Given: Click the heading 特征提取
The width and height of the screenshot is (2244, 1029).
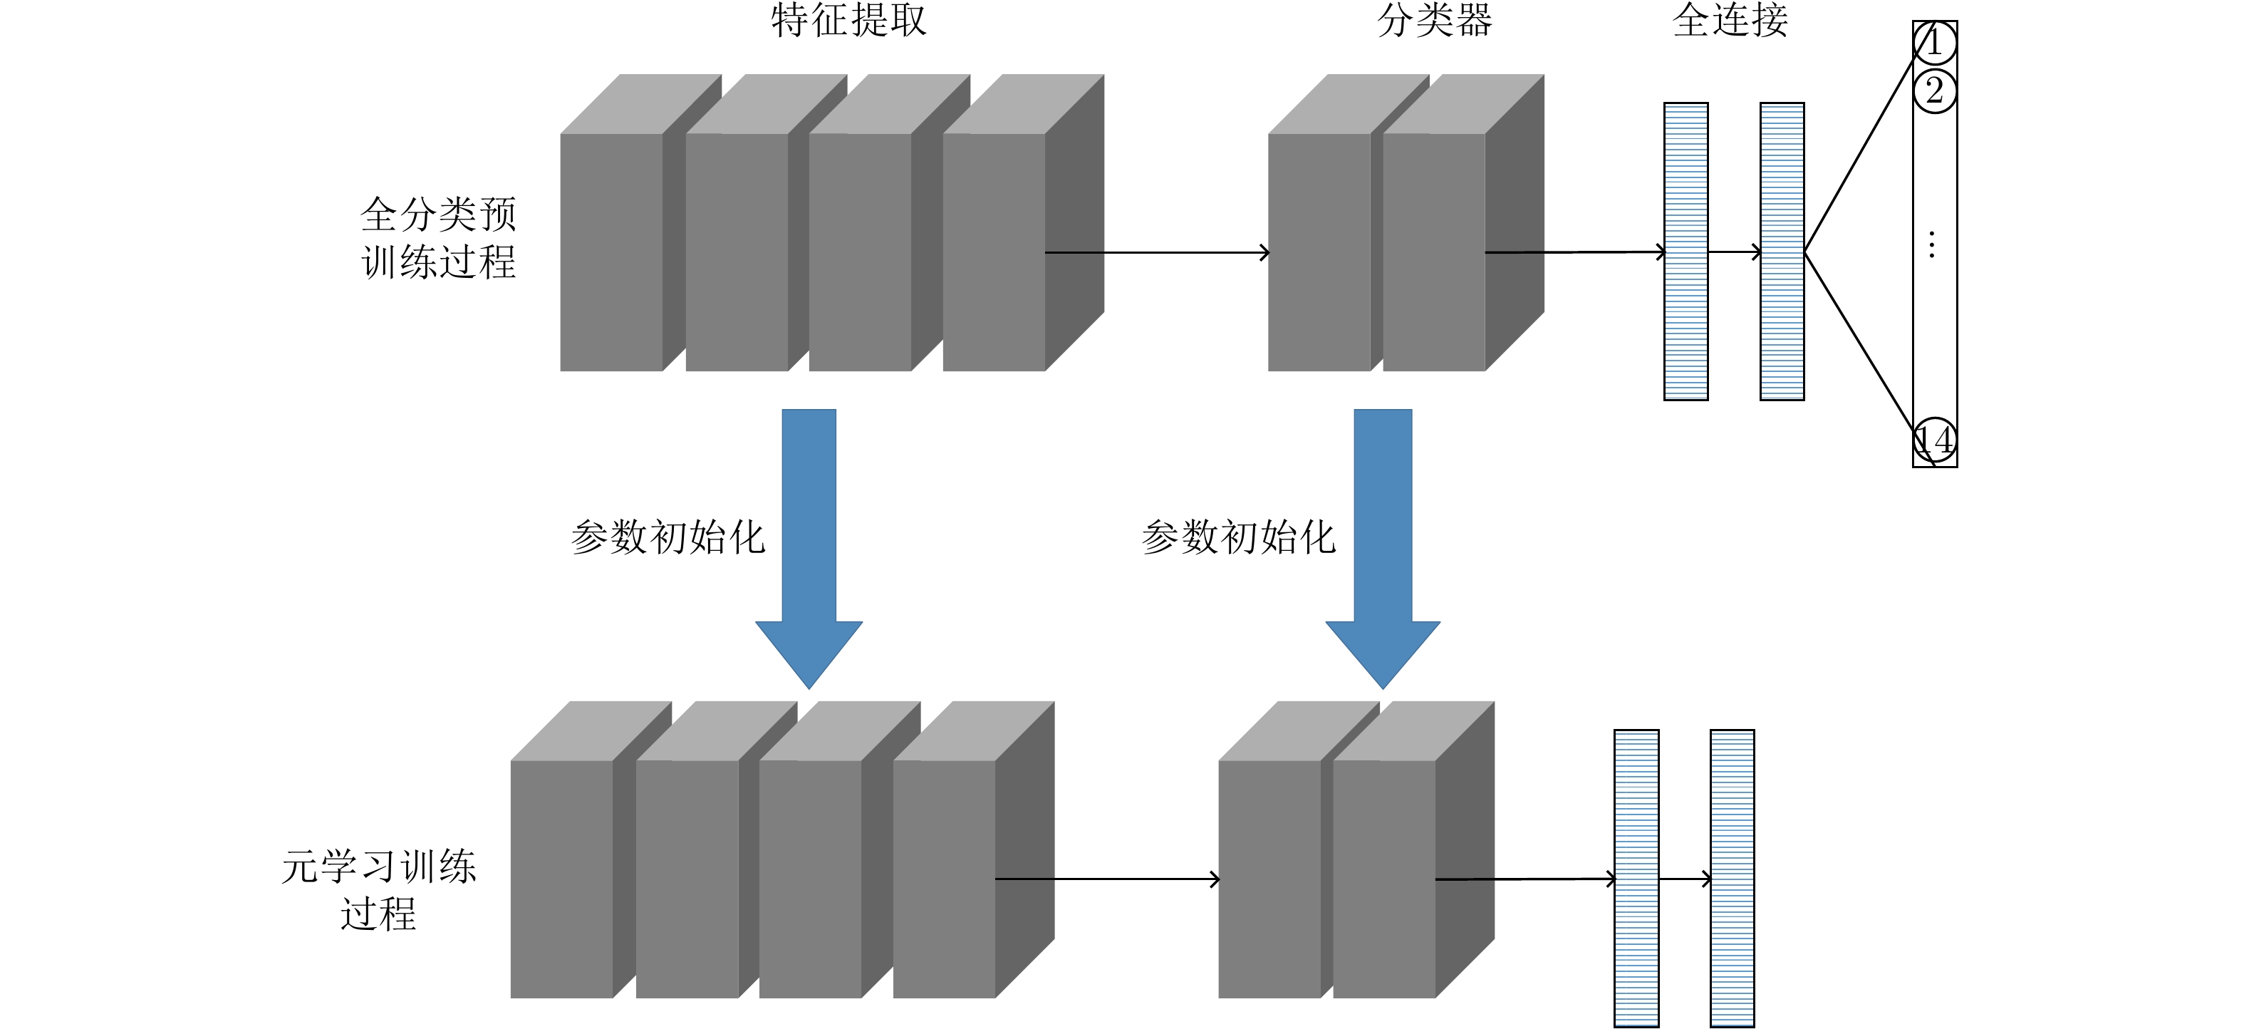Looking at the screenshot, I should (x=848, y=20).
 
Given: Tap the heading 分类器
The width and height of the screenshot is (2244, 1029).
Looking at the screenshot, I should (x=1434, y=20).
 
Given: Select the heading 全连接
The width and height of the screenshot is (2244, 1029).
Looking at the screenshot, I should (x=1730, y=20).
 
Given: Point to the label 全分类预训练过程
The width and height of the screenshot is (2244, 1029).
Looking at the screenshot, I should (x=438, y=238).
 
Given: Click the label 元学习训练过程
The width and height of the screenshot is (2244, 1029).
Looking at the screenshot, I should (x=379, y=889).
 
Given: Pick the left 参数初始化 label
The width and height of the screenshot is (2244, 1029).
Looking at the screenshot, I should (x=668, y=537).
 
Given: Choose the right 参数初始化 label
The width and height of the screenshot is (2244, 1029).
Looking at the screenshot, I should (x=1238, y=537).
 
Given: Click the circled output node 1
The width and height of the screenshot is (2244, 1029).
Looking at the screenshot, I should (x=1935, y=43).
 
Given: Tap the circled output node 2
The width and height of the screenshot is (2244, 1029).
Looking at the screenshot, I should (x=1935, y=91).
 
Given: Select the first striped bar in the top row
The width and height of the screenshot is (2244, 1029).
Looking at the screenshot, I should (x=1685, y=251).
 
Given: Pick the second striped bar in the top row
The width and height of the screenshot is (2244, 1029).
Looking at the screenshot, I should (x=1782, y=251).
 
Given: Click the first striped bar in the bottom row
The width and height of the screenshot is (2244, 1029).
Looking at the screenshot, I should (x=1636, y=878).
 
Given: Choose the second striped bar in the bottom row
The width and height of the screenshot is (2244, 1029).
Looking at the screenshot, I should (x=1732, y=878).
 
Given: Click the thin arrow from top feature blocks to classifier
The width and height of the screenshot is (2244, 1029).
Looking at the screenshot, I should (x=1158, y=253).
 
